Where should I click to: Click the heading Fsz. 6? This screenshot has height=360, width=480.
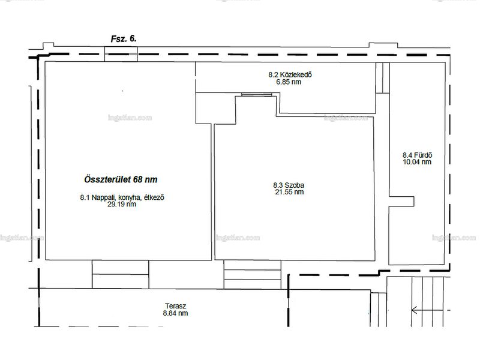click(124, 38)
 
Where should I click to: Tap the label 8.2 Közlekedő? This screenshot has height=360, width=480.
click(290, 74)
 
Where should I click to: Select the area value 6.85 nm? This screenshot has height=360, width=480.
click(289, 82)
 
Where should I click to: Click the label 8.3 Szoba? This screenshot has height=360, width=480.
click(289, 185)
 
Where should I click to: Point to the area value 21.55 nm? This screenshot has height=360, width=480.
click(290, 192)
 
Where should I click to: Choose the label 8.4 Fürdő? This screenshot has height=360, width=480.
click(417, 155)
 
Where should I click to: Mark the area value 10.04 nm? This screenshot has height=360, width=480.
click(417, 162)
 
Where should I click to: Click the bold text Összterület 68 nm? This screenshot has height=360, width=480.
click(121, 179)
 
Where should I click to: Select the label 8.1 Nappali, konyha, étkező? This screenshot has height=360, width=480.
click(122, 197)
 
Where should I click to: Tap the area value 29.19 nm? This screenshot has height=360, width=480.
click(122, 204)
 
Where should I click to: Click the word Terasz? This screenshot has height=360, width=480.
click(176, 306)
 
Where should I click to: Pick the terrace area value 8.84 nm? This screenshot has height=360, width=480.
click(175, 313)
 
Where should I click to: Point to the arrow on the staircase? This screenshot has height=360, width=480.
click(427, 310)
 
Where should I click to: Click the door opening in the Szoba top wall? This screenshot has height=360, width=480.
click(257, 94)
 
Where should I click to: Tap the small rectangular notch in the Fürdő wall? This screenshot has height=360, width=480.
click(401, 202)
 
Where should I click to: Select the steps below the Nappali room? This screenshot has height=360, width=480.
click(121, 274)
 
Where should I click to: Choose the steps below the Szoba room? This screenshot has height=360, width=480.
click(252, 275)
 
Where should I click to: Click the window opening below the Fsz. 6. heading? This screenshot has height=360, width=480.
click(121, 54)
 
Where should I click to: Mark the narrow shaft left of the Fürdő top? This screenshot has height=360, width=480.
click(383, 78)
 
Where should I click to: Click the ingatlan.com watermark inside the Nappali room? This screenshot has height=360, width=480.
click(130, 118)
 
